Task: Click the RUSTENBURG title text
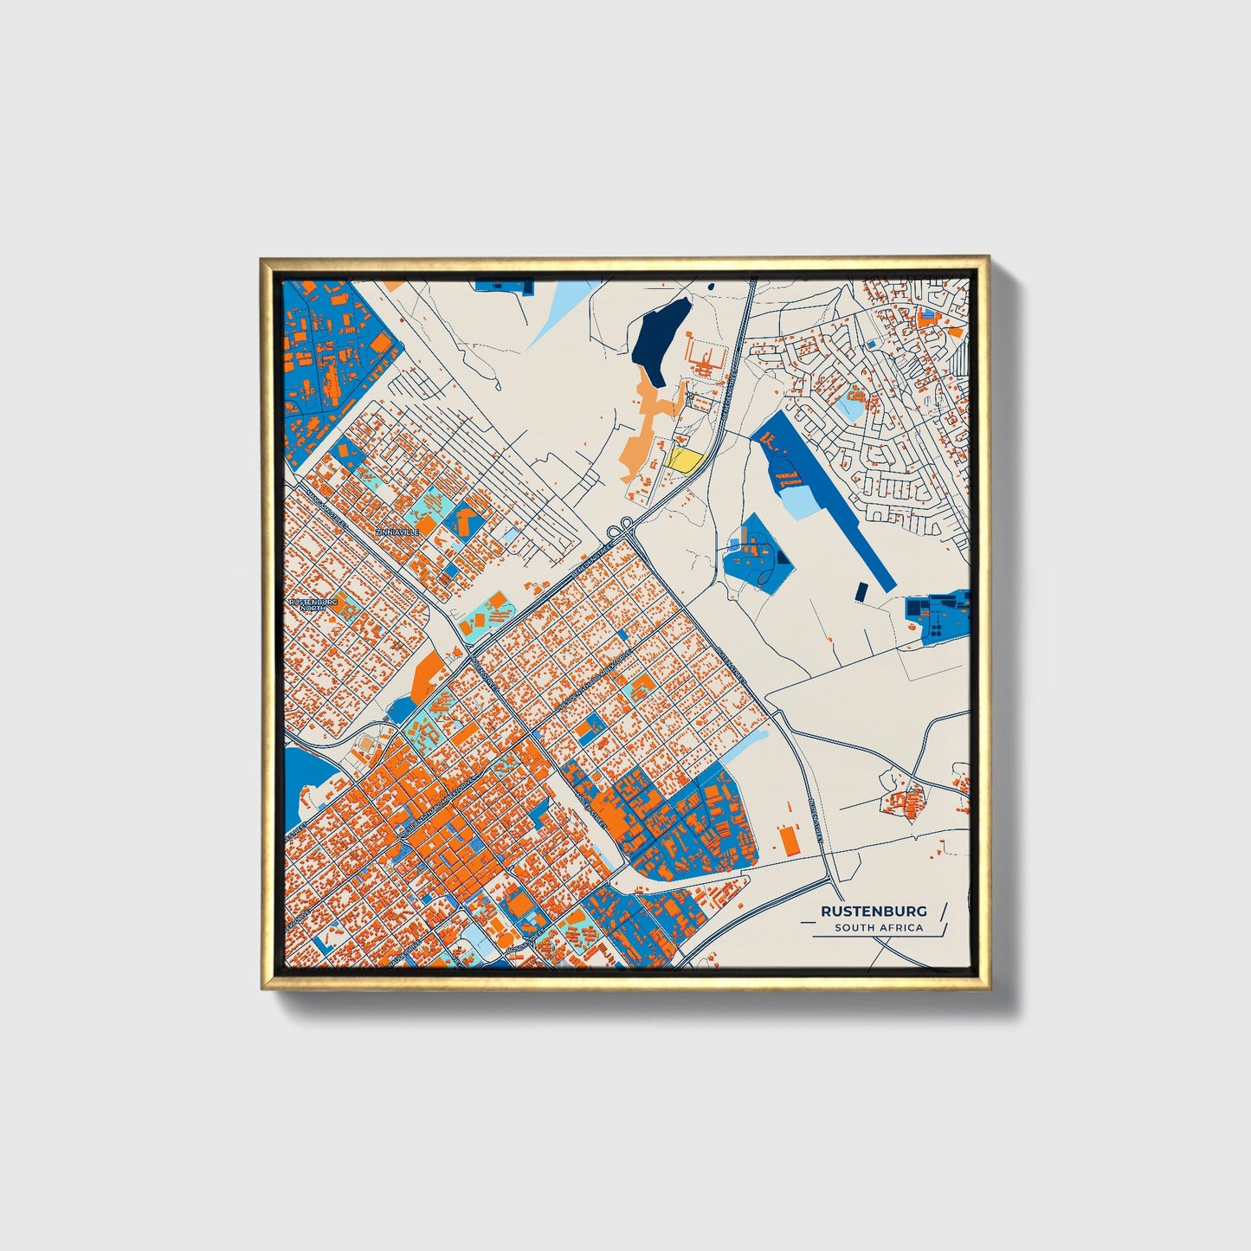[x=874, y=911]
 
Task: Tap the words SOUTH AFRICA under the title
[x=879, y=928]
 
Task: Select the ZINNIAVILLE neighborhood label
[x=397, y=532]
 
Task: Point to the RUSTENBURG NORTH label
[x=306, y=604]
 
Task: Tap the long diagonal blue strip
[x=835, y=502]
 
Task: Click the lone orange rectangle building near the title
[x=788, y=840]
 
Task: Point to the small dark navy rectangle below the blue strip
[x=861, y=590]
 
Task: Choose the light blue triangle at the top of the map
[x=554, y=316]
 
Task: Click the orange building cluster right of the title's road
[x=906, y=802]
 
